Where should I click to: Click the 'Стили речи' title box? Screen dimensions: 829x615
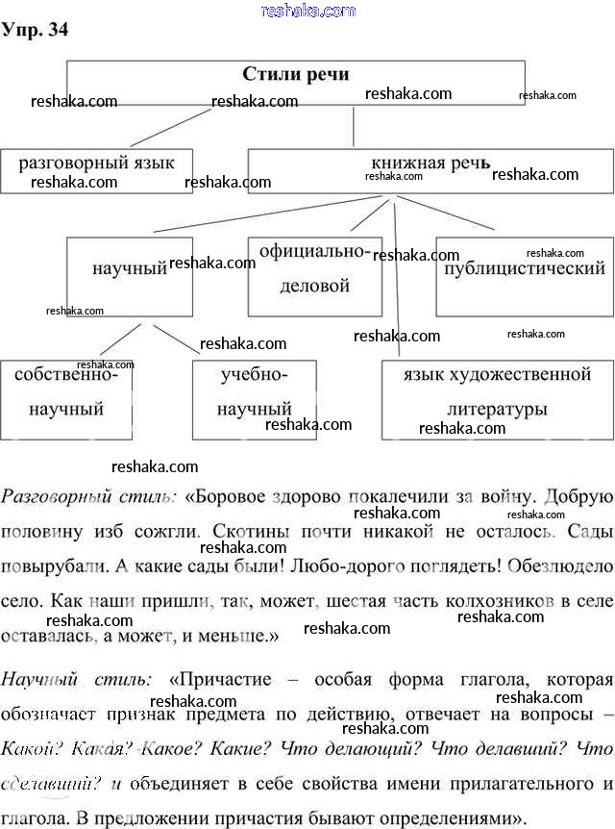295,81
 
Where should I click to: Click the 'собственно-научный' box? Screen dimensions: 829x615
65,397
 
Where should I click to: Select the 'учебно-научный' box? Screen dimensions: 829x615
254,397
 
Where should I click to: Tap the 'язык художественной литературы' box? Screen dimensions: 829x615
497,397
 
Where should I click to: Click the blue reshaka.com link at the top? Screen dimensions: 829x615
307,10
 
